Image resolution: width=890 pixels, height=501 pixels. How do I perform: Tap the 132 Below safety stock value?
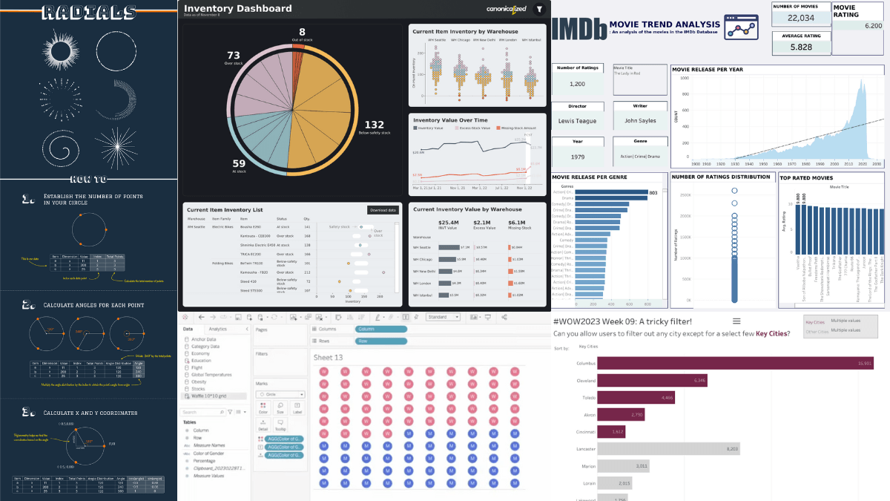point(375,125)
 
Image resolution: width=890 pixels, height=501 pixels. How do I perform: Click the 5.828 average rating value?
point(800,46)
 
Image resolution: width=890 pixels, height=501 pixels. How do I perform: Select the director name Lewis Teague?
point(576,120)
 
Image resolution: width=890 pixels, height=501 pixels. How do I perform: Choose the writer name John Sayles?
point(640,120)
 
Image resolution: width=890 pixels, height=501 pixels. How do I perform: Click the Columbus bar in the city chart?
point(734,362)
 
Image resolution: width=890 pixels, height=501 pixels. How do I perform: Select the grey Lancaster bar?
point(661,448)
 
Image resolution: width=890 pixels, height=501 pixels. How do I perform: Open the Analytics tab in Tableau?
point(218,328)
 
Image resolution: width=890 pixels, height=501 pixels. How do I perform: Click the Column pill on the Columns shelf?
point(380,328)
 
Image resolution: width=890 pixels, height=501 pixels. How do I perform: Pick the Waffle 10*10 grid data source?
point(215,396)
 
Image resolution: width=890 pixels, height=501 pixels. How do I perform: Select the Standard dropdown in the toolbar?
point(442,317)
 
